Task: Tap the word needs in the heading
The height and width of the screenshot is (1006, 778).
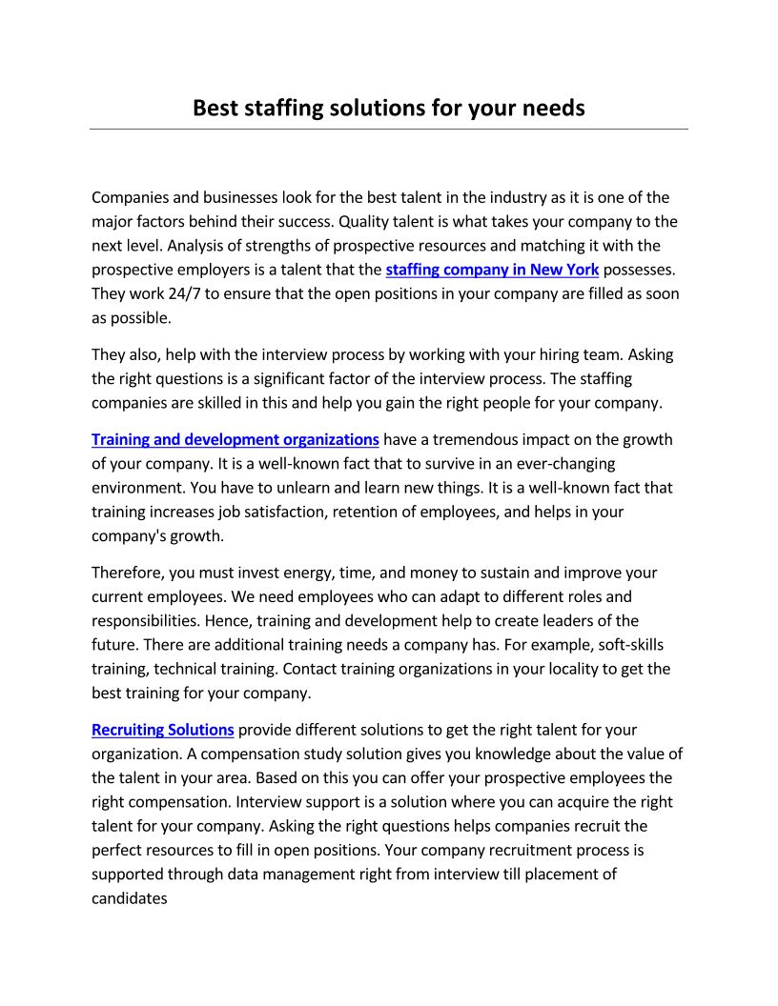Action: coord(553,108)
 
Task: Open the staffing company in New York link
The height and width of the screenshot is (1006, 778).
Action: coord(492,270)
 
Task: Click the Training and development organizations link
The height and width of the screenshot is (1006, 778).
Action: coord(235,439)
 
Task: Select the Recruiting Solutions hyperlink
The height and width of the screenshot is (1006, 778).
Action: coord(163,730)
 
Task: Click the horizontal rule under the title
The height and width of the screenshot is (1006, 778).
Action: coord(389,129)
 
